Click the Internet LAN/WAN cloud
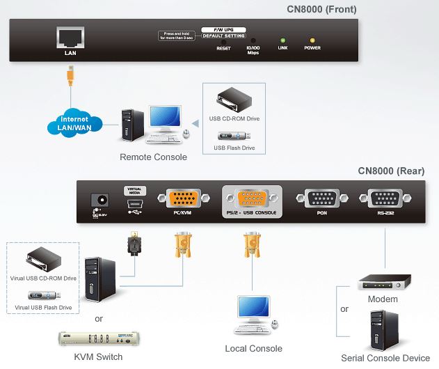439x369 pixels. (x=70, y=123)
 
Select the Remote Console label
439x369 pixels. (x=153, y=157)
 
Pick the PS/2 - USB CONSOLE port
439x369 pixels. (x=251, y=199)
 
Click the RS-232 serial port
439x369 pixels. (x=385, y=198)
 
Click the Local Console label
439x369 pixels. (x=253, y=348)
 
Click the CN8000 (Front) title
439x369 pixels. (x=321, y=9)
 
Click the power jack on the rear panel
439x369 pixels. (x=102, y=200)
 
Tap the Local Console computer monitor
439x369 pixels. (x=250, y=308)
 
